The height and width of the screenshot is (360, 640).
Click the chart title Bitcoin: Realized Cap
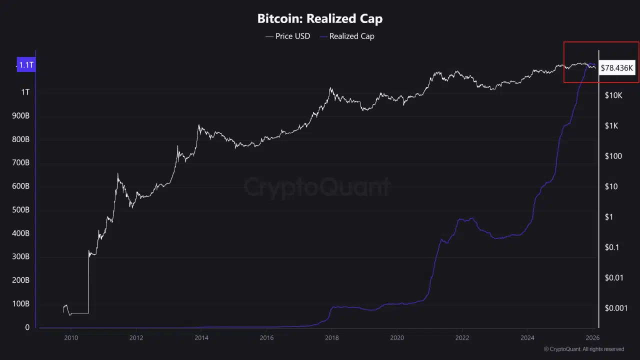320,19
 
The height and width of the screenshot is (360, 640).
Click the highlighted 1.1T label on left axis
26,65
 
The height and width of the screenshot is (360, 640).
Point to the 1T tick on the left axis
25,92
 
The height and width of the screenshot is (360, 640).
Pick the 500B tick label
20,210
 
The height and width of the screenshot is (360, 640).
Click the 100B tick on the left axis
20,304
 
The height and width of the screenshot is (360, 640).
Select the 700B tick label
20,163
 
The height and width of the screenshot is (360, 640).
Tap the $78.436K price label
617,67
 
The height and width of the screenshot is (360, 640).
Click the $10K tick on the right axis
613,95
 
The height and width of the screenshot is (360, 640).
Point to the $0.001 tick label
616,308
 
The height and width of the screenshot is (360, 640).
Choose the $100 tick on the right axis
613,156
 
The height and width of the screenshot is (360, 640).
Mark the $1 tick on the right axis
609,217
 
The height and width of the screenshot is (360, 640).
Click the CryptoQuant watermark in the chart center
317,187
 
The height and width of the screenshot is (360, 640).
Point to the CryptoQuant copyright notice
584,349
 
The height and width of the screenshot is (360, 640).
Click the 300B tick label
20,257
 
